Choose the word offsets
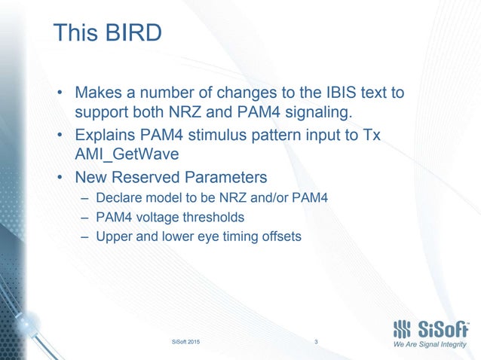pos(280,236)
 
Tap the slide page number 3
pos(316,343)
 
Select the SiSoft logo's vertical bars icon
pos(403,328)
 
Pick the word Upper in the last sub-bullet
pos(112,236)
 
